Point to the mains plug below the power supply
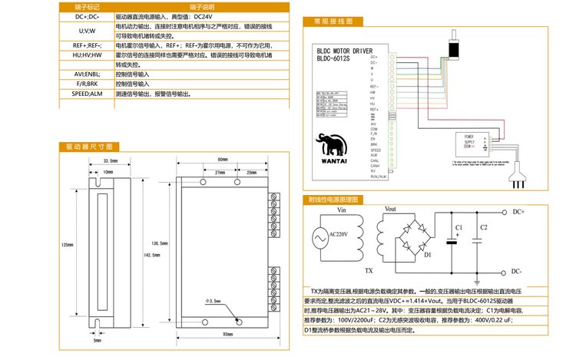[x=523, y=178]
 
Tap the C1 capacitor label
[x=458, y=228]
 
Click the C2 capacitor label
[x=483, y=228]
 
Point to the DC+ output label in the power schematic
[x=518, y=211]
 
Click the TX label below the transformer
[x=368, y=271]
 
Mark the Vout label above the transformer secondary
[x=389, y=209]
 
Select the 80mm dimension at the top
[x=222, y=160]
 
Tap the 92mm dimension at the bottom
[x=227, y=335]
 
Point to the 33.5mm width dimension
[x=110, y=160]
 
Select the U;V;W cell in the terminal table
[x=87, y=31]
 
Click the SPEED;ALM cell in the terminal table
[x=87, y=94]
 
